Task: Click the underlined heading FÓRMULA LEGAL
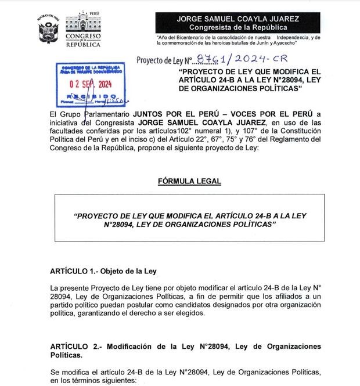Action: click(189, 181)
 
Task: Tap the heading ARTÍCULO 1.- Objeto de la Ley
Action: click(103, 271)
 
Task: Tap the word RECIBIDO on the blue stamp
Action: click(88, 96)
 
